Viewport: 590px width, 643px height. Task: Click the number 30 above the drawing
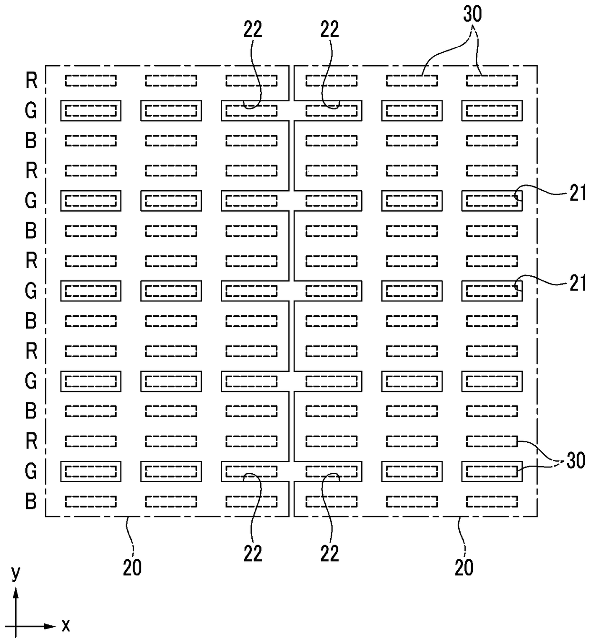pos(472,14)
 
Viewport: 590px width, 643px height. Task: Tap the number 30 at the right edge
pos(576,461)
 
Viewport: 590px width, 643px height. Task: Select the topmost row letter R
pos(31,80)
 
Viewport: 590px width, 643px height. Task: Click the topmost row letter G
pos(31,111)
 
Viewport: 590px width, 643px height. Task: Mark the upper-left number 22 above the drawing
pos(253,29)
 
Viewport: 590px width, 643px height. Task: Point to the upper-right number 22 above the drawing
pos(329,29)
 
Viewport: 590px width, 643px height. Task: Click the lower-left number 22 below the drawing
pos(253,553)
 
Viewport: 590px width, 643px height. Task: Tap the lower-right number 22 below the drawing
pos(329,553)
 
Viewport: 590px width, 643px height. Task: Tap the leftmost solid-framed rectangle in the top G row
pos(91,101)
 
